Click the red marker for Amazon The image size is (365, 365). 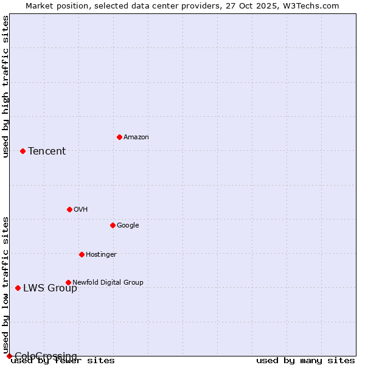click(119, 137)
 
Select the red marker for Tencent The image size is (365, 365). click(23, 151)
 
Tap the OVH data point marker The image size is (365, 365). click(69, 209)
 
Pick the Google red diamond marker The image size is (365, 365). click(113, 225)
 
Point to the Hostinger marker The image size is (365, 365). click(82, 254)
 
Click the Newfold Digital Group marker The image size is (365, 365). click(68, 282)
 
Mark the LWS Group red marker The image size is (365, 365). click(18, 288)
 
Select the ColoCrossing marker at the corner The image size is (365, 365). click(9, 356)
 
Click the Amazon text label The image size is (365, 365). click(136, 137)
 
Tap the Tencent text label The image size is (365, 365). click(47, 151)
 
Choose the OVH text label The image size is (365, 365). click(81, 210)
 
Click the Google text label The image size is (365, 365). click(128, 226)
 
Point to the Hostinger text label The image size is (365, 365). click(101, 255)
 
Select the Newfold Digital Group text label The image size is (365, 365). click(108, 283)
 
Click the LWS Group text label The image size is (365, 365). click(50, 288)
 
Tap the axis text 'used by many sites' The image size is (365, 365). click(305, 361)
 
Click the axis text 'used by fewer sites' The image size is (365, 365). click(63, 361)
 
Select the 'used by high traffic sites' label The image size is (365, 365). click(5, 86)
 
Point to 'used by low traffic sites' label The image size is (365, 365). click(5, 285)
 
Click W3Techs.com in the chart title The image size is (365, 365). click(314, 5)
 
